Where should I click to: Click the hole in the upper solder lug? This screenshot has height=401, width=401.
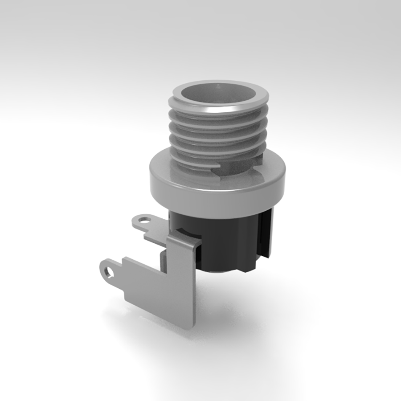(143, 220)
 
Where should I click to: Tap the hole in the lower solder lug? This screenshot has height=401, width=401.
(109, 270)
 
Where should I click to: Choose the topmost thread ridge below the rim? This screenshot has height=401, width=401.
(218, 117)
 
